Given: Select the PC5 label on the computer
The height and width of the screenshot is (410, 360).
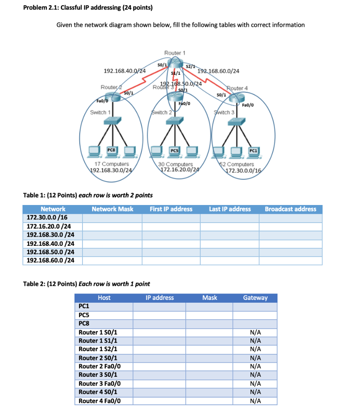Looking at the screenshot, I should pyautogui.click(x=174, y=151).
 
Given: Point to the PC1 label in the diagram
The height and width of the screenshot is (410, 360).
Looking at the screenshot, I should pyautogui.click(x=253, y=151).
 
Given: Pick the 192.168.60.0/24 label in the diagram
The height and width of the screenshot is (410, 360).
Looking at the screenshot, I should pyautogui.click(x=219, y=71).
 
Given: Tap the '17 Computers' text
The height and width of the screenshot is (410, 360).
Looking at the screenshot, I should pyautogui.click(x=112, y=164).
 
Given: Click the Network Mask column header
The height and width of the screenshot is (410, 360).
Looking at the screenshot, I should pyautogui.click(x=112, y=209).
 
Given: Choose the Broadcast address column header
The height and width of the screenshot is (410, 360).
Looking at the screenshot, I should pyautogui.click(x=290, y=209).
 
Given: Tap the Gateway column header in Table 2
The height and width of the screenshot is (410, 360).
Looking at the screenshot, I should pyautogui.click(x=255, y=297).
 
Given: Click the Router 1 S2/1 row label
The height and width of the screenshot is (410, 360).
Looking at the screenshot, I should pyautogui.click(x=98, y=349).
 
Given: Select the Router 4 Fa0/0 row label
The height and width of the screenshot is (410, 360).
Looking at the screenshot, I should pyautogui.click(x=100, y=401).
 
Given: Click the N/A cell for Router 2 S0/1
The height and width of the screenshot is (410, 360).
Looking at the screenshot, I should pyautogui.click(x=255, y=358).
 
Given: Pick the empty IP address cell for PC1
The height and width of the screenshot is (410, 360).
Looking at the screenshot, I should pyautogui.click(x=159, y=307).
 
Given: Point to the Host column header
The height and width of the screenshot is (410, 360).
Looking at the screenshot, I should pyautogui.click(x=104, y=297).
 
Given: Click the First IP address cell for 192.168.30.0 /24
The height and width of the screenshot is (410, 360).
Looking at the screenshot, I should pyautogui.click(x=171, y=235).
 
